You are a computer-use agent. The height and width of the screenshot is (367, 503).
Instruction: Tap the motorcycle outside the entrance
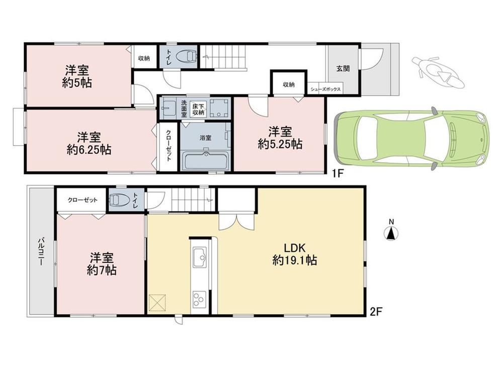click(x=438, y=72)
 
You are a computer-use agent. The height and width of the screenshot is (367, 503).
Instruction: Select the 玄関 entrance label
click(x=343, y=68)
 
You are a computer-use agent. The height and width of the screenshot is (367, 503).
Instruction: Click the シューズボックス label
click(x=325, y=90)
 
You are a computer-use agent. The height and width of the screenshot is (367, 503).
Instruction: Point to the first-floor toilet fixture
click(x=185, y=57)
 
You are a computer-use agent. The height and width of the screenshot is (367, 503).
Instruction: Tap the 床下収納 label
click(x=198, y=109)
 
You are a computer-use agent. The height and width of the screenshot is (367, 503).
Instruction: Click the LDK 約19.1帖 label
click(x=295, y=254)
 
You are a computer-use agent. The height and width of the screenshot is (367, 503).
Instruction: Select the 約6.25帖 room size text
click(x=89, y=150)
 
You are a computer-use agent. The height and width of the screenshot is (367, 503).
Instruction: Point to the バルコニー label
click(x=41, y=252)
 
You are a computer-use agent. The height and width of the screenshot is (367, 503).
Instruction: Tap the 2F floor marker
click(x=376, y=312)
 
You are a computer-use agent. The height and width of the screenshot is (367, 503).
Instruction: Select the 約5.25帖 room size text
click(x=280, y=145)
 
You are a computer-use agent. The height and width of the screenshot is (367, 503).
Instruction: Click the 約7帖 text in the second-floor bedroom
click(x=102, y=271)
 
